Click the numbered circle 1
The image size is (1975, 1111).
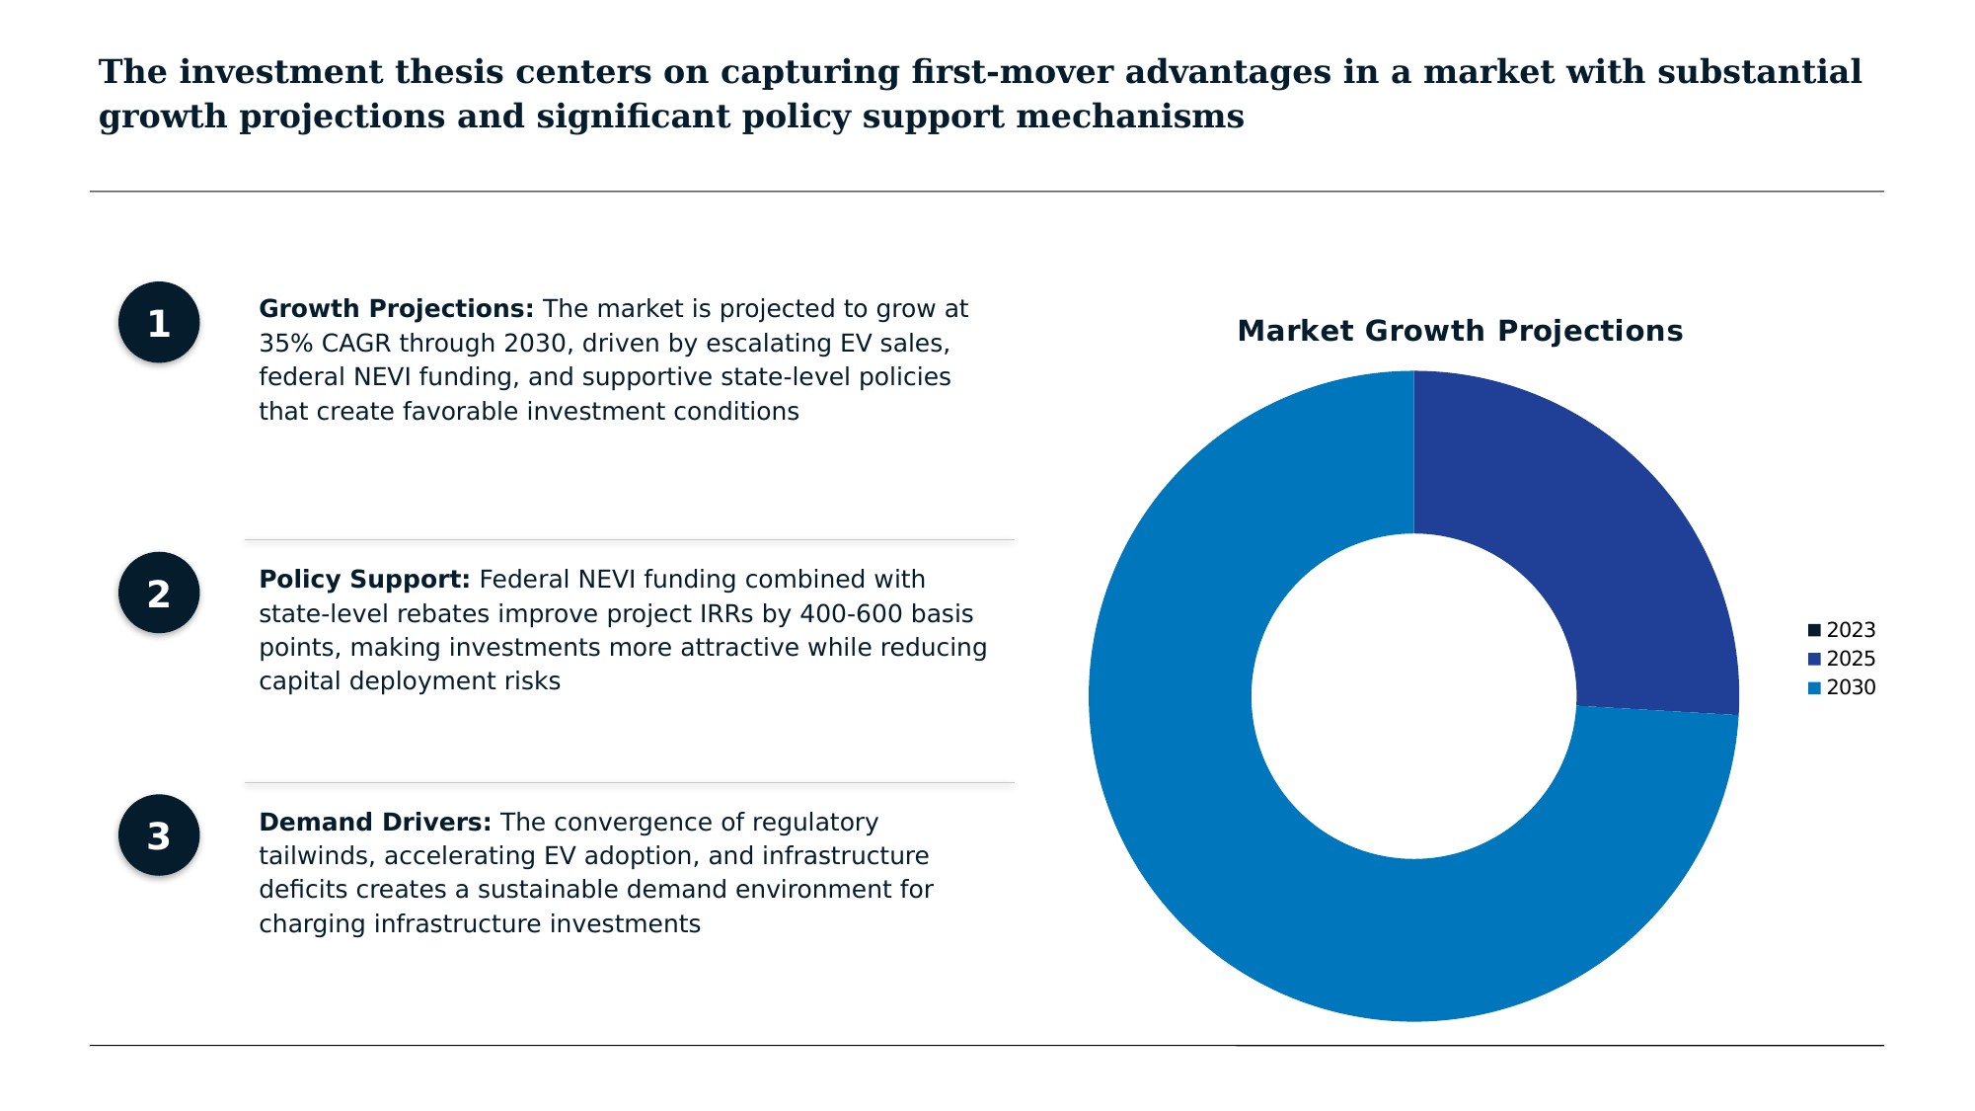pyautogui.click(x=159, y=323)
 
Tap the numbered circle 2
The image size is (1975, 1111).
pyautogui.click(x=159, y=594)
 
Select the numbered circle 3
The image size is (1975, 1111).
pyautogui.click(x=159, y=835)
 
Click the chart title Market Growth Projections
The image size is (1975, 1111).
pyautogui.click(x=1460, y=331)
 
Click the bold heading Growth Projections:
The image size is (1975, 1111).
pyautogui.click(x=396, y=309)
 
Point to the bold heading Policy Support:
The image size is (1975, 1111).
pyautogui.click(x=364, y=580)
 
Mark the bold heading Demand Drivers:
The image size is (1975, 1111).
pyautogui.click(x=374, y=823)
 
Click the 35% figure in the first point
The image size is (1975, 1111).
pyautogui.click(x=281, y=344)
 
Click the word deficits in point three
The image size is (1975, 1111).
pyautogui.click(x=303, y=890)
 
